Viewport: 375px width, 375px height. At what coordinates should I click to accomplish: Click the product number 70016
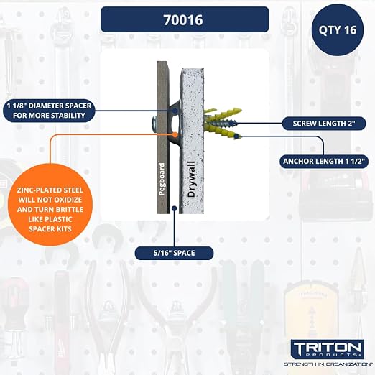point(183,20)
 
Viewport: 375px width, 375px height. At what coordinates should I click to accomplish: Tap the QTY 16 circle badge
point(338,30)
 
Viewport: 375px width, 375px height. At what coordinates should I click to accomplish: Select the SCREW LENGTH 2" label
point(324,124)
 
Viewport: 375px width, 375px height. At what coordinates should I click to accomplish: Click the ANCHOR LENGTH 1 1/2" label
point(324,162)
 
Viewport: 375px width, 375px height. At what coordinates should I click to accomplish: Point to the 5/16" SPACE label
point(174,253)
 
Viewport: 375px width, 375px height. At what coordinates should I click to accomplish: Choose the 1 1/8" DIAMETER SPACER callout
point(49,111)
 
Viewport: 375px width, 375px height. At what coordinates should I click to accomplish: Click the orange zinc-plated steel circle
point(50,205)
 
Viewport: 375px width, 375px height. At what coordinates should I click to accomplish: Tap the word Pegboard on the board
point(162,179)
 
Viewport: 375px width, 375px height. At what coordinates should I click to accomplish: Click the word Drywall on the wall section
point(192,179)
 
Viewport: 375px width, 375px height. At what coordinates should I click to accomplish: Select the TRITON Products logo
point(328,348)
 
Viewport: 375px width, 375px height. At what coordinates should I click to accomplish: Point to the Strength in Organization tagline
point(328,364)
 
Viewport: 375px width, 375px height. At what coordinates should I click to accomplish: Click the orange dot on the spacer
point(175,134)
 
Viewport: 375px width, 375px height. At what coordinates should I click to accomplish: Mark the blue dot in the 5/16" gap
point(175,208)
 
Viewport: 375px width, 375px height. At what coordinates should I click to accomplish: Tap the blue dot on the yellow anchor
point(236,136)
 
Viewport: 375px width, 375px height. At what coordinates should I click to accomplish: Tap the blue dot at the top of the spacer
point(175,111)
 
